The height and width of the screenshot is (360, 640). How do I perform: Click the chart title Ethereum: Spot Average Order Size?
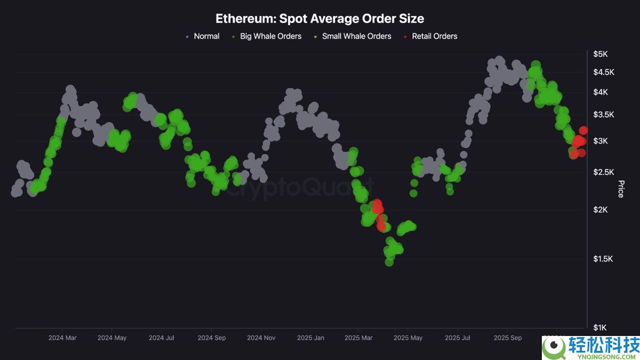pos(319,19)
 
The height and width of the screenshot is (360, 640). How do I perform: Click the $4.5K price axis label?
pos(604,73)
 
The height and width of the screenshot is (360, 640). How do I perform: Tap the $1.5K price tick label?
pos(604,259)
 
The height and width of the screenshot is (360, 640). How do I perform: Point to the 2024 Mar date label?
pos(62,338)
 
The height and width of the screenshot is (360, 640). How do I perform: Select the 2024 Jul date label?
pos(162,338)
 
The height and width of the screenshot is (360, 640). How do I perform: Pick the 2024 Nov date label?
pos(261,338)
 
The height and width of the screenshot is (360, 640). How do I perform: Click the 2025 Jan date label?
pos(310,338)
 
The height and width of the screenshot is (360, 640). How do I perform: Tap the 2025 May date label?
pos(408,338)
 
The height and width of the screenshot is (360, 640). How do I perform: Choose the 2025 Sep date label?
pos(508,338)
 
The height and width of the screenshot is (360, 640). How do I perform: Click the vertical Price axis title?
pos(621,189)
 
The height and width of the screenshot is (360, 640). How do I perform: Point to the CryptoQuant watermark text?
pos(299,188)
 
